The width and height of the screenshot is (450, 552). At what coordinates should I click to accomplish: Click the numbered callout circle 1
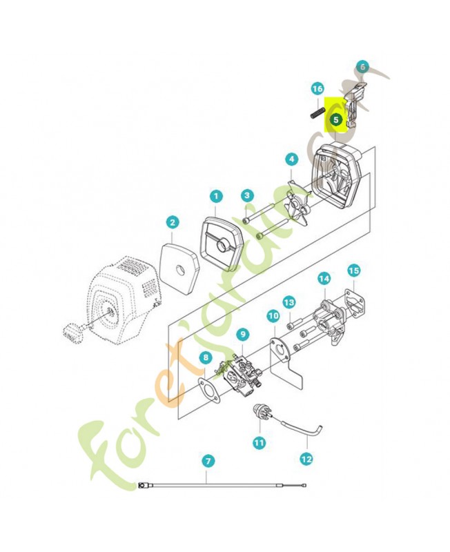pyautogui.click(x=216, y=196)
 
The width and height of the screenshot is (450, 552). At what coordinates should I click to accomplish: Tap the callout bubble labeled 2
pyautogui.click(x=172, y=222)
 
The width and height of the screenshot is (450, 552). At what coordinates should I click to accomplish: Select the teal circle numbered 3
pyautogui.click(x=247, y=195)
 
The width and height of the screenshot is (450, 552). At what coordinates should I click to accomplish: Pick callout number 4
pyautogui.click(x=291, y=159)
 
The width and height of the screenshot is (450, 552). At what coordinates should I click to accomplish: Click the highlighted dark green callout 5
pyautogui.click(x=335, y=119)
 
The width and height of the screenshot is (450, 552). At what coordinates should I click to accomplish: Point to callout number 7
pyautogui.click(x=208, y=461)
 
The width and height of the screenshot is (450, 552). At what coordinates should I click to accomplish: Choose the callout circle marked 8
pyautogui.click(x=206, y=358)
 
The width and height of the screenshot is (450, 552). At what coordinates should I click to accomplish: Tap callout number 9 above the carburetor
pyautogui.click(x=243, y=335)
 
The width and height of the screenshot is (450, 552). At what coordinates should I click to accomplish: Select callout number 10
pyautogui.click(x=273, y=316)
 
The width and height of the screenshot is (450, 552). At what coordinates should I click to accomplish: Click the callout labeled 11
pyautogui.click(x=260, y=442)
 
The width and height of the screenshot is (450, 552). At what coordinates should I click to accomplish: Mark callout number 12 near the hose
pyautogui.click(x=306, y=459)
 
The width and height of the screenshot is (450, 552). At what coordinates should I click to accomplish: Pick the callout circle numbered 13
pyautogui.click(x=289, y=302)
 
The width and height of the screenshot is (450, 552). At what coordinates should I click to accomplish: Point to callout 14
pyautogui.click(x=324, y=279)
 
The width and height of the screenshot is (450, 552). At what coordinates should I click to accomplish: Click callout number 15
pyautogui.click(x=353, y=270)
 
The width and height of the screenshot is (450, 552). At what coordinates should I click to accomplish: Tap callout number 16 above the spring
pyautogui.click(x=317, y=89)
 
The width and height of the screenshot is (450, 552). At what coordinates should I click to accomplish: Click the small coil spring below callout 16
pyautogui.click(x=317, y=113)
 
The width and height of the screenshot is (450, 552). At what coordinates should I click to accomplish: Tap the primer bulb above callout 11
pyautogui.click(x=261, y=413)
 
